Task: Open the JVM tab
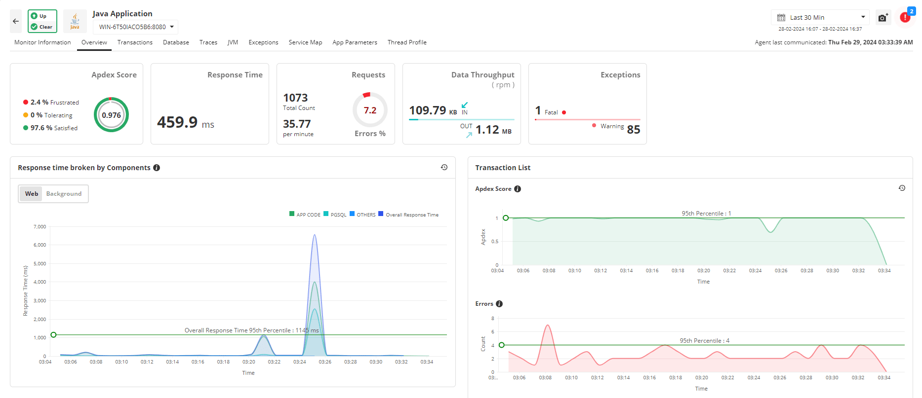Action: (x=233, y=42)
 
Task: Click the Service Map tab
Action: (x=305, y=42)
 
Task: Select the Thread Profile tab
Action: (x=407, y=42)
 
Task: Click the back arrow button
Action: (x=16, y=21)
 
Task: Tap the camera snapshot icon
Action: (x=882, y=18)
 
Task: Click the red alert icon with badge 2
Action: (x=905, y=17)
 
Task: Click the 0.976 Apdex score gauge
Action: (x=111, y=115)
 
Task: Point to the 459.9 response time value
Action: (x=177, y=122)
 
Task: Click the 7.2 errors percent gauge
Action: (x=370, y=110)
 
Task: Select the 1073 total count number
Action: (x=295, y=98)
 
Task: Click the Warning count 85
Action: (x=633, y=130)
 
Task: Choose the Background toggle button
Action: (x=64, y=194)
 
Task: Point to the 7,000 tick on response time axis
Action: (x=40, y=227)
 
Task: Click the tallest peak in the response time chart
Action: (x=315, y=236)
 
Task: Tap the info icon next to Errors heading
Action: (x=499, y=304)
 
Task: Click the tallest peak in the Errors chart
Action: (x=547, y=326)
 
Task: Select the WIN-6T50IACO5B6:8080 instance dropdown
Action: (x=136, y=27)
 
